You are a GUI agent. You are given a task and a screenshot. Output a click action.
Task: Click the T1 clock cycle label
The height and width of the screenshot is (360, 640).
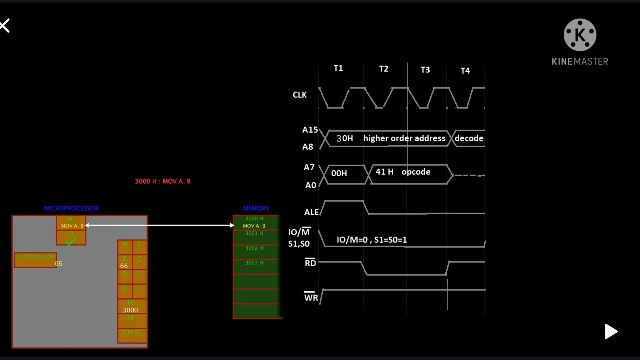(x=338, y=68)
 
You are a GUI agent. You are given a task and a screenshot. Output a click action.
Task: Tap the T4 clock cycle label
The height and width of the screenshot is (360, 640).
(x=465, y=71)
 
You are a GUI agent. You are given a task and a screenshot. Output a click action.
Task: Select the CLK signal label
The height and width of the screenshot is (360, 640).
(x=299, y=95)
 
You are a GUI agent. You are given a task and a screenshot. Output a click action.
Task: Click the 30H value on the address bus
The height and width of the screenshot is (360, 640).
(x=344, y=138)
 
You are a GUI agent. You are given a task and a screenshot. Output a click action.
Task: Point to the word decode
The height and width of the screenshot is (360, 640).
(x=469, y=138)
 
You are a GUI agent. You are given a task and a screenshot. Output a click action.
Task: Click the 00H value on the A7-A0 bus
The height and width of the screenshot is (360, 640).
(x=339, y=173)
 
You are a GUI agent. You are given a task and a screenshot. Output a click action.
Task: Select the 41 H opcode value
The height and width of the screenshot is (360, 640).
(x=384, y=172)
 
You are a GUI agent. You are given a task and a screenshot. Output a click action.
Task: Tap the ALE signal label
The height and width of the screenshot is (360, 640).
(x=311, y=212)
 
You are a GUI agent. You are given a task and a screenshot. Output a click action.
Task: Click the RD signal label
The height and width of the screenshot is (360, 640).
(x=310, y=263)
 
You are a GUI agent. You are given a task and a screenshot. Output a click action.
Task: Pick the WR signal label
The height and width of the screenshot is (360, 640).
(x=311, y=297)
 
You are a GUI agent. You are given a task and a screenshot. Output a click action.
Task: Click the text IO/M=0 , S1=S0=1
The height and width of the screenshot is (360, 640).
(x=372, y=240)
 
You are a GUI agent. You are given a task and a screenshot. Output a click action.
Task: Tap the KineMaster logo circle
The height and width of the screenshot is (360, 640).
(x=580, y=35)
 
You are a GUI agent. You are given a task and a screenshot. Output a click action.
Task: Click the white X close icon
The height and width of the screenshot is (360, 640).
(x=4, y=26)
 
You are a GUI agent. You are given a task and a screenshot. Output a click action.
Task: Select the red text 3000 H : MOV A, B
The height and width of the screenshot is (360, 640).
(x=163, y=181)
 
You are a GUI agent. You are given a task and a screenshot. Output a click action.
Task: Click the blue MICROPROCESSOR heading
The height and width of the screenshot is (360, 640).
(x=71, y=208)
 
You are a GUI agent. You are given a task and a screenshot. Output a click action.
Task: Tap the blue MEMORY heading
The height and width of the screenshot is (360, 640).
(x=256, y=208)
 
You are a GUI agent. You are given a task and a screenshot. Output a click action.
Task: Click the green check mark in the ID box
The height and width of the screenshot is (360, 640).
(x=71, y=241)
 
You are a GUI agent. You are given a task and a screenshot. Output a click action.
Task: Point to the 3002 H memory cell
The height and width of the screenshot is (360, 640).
(x=254, y=248)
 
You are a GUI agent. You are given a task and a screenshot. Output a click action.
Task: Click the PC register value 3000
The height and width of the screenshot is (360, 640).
(x=130, y=310)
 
